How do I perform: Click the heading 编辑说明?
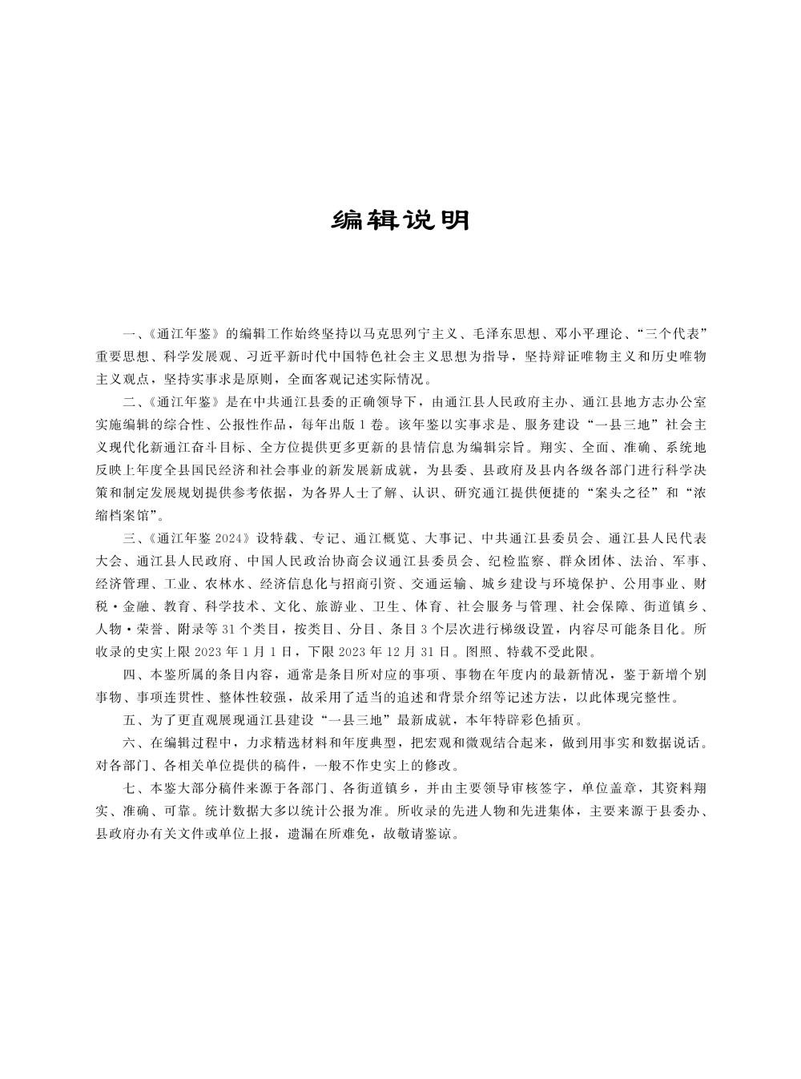tap(400, 220)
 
